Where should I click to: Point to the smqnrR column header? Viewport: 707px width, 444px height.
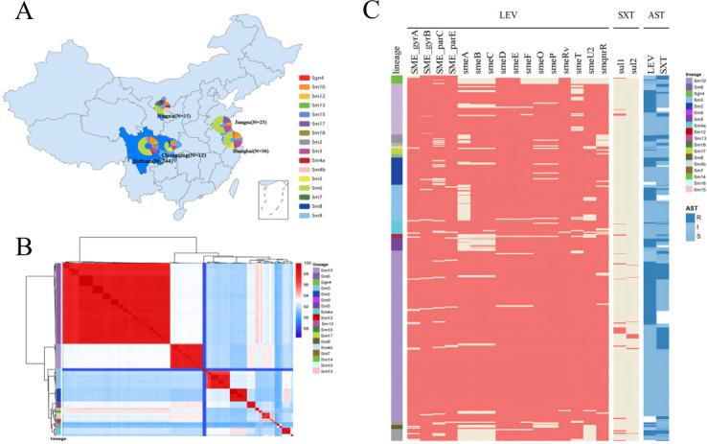pos(602,57)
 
